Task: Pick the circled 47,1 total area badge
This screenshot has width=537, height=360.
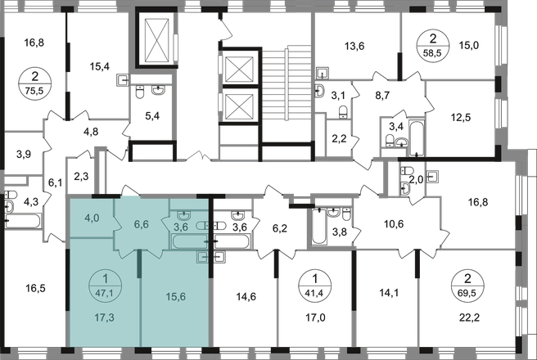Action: click(x=104, y=281)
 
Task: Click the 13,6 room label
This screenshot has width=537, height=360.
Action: click(x=355, y=46)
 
